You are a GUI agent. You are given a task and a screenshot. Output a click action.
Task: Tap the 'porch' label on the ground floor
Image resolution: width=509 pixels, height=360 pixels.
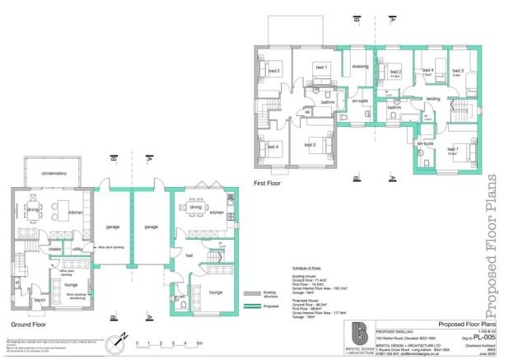[x=38, y=300]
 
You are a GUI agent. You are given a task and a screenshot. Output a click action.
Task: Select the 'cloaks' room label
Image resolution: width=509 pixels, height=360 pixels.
[x=56, y=246]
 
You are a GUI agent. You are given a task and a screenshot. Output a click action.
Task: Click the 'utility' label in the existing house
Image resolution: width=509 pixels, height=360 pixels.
[x=77, y=246]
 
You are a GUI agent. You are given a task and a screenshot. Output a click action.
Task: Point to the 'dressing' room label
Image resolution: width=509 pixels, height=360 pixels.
[x=359, y=67]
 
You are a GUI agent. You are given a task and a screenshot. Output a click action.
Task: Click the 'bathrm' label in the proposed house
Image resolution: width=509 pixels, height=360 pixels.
[x=395, y=107]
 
